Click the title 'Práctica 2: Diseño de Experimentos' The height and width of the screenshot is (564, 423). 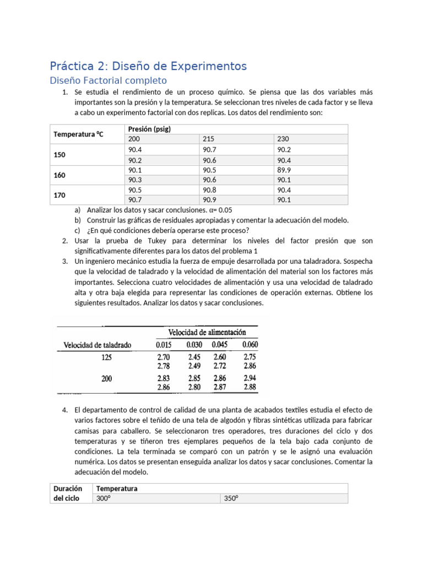click(148, 67)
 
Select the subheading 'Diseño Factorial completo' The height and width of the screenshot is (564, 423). click(108, 80)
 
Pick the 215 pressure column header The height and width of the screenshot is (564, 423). click(209, 139)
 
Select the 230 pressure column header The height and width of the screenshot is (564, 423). click(283, 139)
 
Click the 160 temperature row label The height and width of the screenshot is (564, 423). click(59, 175)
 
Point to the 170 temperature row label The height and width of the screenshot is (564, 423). click(59, 195)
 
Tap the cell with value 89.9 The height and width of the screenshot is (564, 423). click(284, 170)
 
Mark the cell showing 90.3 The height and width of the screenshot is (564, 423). click(135, 180)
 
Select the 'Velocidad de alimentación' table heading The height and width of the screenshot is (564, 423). click(207, 332)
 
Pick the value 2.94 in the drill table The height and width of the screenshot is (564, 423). click(250, 379)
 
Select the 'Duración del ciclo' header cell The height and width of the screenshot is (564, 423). click(68, 493)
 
